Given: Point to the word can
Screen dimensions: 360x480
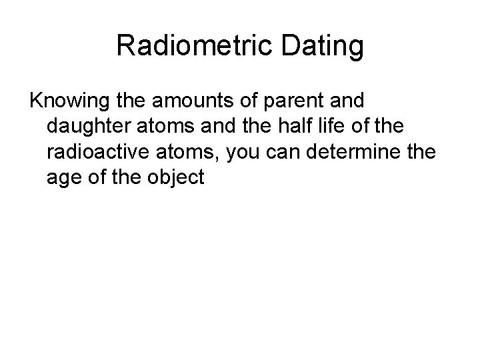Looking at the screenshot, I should click(x=287, y=153).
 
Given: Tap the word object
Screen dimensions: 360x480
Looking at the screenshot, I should click(x=178, y=178).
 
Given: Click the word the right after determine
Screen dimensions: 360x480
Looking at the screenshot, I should click(x=421, y=153).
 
